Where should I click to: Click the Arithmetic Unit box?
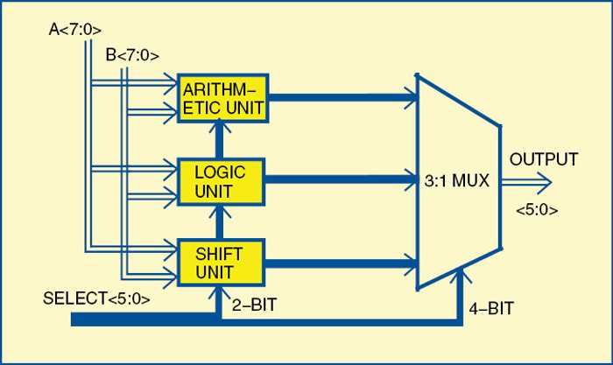222,97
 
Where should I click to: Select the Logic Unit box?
221,181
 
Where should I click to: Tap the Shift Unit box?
221,260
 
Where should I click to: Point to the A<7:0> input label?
76,31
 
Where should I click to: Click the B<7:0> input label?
132,55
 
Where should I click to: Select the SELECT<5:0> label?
96,299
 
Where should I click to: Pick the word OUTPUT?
544,159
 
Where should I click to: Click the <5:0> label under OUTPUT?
536,210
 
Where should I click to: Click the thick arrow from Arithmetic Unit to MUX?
342,98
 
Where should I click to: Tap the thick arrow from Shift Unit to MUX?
342,260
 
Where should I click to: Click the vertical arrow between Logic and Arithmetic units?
221,139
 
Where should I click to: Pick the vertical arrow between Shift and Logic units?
221,222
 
